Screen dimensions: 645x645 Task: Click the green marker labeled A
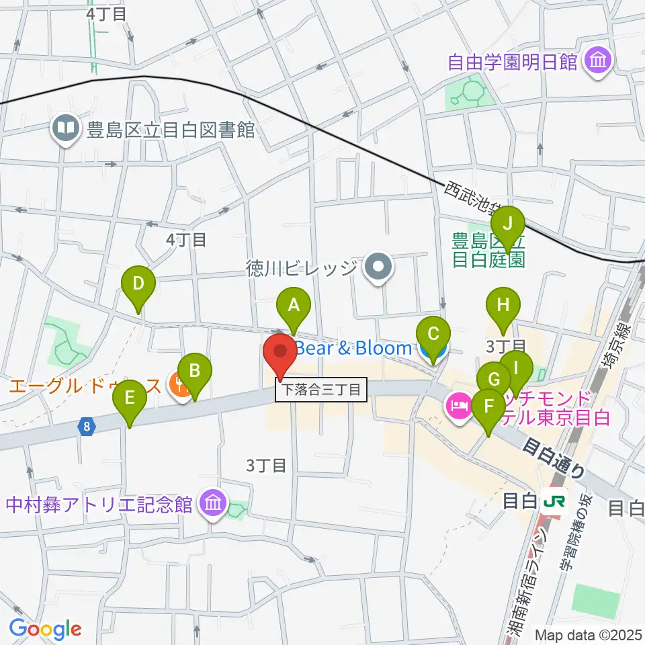pos(293,306)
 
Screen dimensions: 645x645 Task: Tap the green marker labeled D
pos(138,284)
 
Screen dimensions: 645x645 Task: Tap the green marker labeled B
pos(194,371)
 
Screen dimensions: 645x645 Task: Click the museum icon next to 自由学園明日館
pos(596,62)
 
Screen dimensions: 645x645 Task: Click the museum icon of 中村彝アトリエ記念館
pos(213,504)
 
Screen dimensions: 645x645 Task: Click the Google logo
pos(45,629)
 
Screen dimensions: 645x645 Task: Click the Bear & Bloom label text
pos(353,348)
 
